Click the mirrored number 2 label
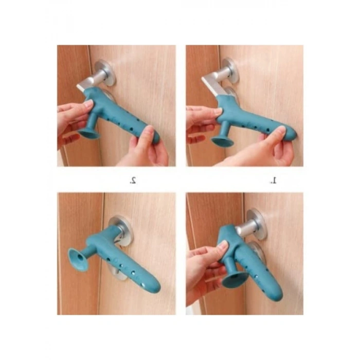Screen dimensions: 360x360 (133, 181)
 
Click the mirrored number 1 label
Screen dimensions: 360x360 (273, 181)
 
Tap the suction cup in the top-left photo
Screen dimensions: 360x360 (88, 134)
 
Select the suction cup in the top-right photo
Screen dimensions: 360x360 (222, 140)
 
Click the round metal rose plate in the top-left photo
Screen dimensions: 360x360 (105, 73)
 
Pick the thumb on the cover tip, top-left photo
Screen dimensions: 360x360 (147, 134)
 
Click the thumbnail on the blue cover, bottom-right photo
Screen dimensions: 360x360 (223, 247)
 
